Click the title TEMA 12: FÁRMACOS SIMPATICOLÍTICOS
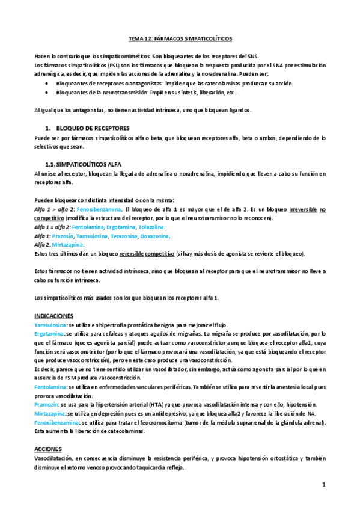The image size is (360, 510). [x=180, y=37]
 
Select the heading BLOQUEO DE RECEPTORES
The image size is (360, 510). [x=91, y=128]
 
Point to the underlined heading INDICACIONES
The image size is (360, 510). [x=53, y=316]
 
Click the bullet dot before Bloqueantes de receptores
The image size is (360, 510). [x=47, y=84]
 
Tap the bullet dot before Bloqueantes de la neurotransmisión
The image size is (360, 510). [x=47, y=93]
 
